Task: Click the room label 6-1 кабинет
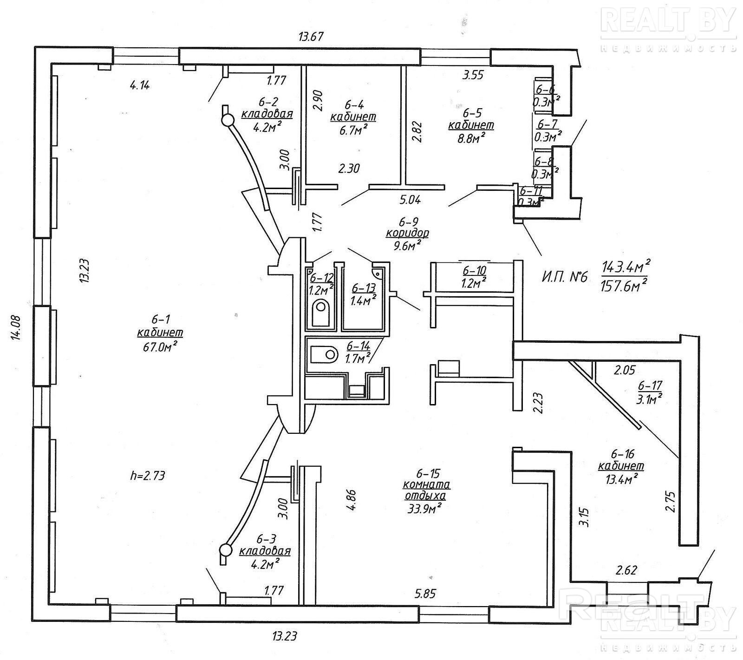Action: [160, 327]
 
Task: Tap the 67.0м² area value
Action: [160, 346]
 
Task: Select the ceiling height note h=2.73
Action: [148, 475]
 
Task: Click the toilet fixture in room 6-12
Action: [320, 313]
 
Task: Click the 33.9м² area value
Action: [422, 508]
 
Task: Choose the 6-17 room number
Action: [650, 385]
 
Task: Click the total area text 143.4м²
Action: [626, 267]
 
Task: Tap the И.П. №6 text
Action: [564, 277]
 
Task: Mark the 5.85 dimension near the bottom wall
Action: [426, 593]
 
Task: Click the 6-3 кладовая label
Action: [265, 545]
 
